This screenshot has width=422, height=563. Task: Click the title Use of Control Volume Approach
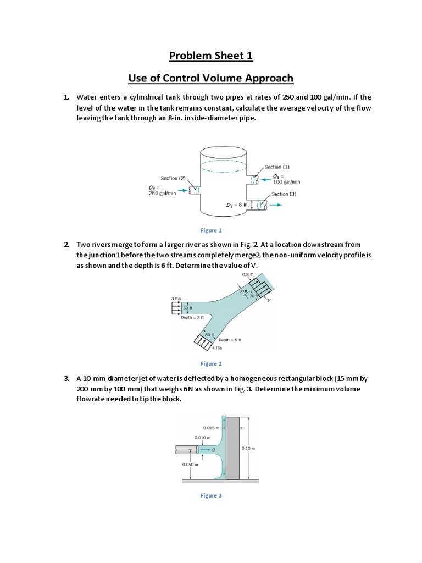[211, 78]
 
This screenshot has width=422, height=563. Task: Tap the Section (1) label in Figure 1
[281, 167]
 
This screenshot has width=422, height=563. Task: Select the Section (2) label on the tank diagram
[173, 178]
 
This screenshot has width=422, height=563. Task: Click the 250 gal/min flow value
[162, 193]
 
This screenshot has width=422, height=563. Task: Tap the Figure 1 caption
[211, 230]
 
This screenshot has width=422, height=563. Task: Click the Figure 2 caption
[211, 363]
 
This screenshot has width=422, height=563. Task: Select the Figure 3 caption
[211, 495]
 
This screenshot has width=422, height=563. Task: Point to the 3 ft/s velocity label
[176, 299]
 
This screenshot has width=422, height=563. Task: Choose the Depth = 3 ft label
[192, 317]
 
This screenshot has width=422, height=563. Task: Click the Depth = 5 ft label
[230, 340]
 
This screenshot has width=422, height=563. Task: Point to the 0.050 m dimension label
[190, 464]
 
